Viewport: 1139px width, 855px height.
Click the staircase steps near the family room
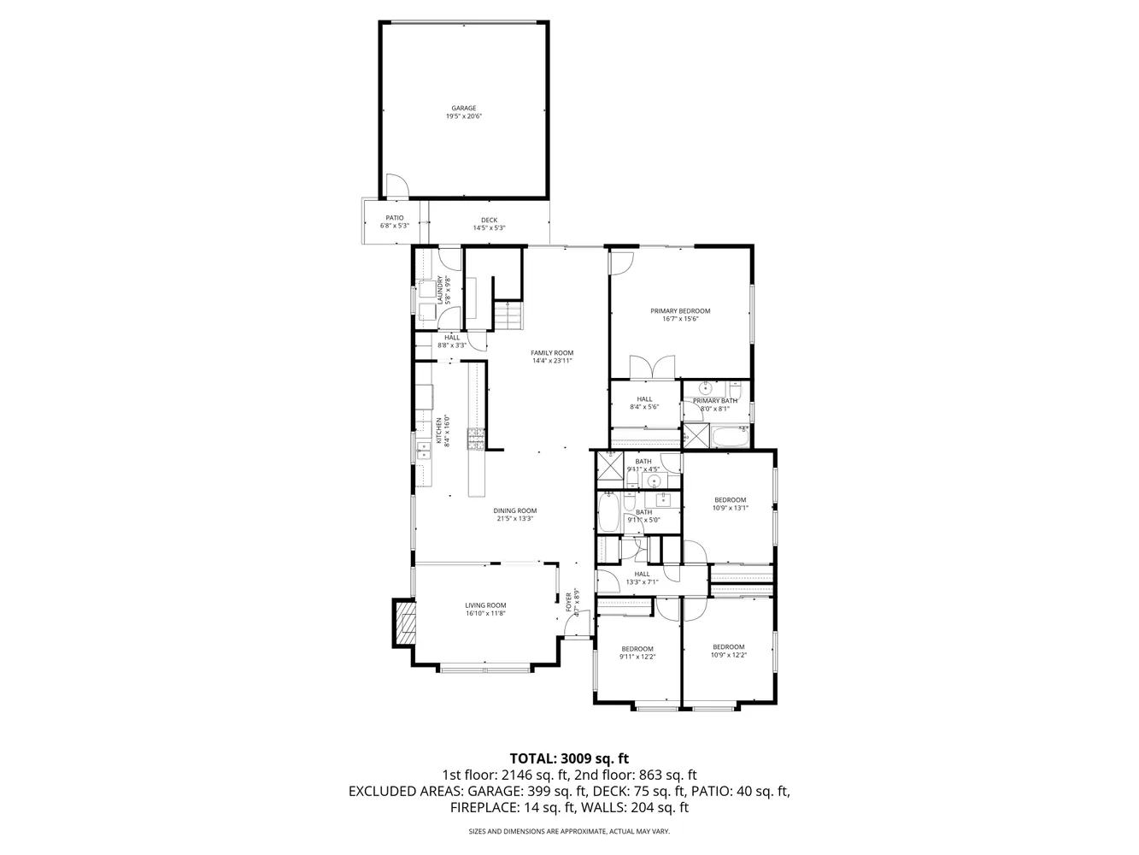click(x=508, y=318)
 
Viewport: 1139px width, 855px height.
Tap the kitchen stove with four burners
click(x=475, y=439)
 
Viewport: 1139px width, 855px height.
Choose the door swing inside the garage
click(x=396, y=186)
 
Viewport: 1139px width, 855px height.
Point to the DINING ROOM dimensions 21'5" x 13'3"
click(x=515, y=519)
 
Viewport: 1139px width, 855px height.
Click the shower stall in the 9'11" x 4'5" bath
click(x=610, y=468)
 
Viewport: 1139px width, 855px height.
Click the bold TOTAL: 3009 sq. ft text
click(x=569, y=758)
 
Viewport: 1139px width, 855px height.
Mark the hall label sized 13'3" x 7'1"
click(x=641, y=578)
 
